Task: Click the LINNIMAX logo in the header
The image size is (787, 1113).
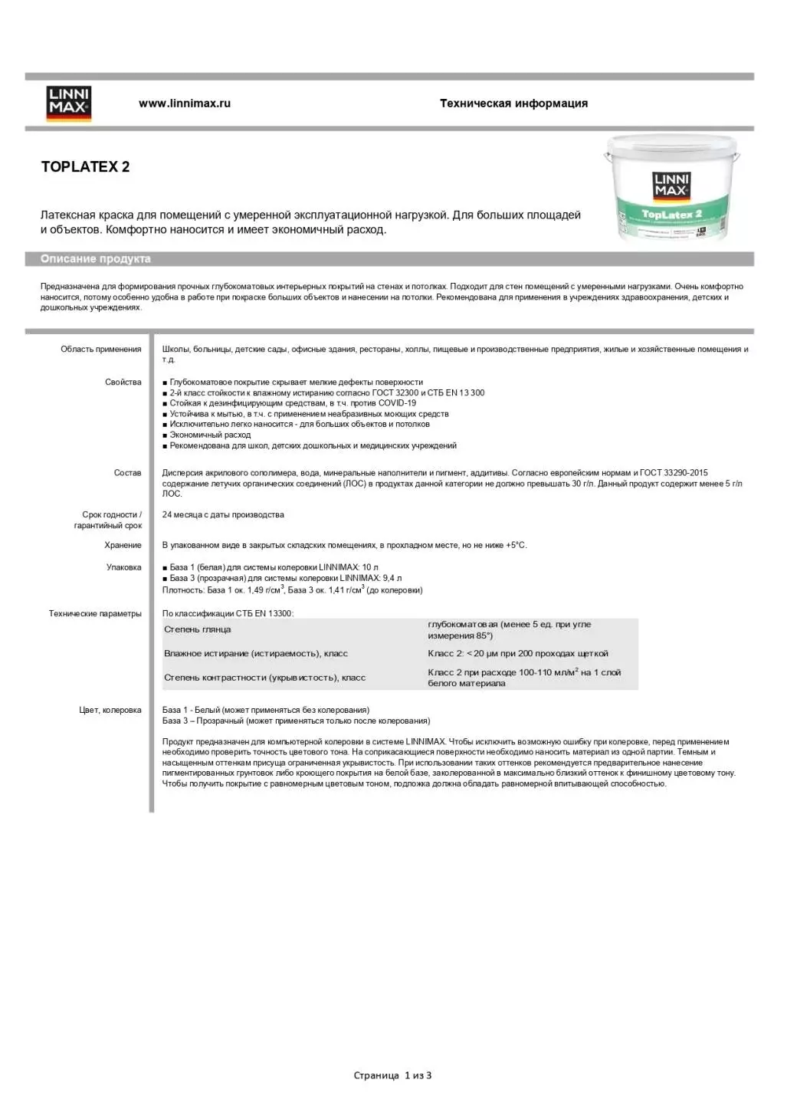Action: (69, 103)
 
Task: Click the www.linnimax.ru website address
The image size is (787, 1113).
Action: (185, 103)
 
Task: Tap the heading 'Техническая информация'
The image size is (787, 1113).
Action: (513, 103)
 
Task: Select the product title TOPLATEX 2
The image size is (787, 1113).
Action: (85, 167)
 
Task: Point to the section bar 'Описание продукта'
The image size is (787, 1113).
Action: (96, 259)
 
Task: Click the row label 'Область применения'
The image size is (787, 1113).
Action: (101, 350)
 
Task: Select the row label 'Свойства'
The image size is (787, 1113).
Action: (123, 382)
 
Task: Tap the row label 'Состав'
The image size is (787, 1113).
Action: (128, 473)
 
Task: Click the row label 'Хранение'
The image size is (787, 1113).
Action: (123, 546)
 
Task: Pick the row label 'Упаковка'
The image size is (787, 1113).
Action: (124, 568)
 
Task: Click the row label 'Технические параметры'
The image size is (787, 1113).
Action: (95, 614)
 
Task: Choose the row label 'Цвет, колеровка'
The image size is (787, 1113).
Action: (110, 711)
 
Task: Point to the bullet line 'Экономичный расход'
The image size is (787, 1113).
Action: (210, 435)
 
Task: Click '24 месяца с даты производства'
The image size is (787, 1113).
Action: (223, 515)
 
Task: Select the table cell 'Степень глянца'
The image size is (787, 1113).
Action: (198, 630)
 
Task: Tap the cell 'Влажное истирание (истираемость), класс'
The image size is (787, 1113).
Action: (256, 654)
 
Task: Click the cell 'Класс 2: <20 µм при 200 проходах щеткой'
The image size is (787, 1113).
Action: (518, 654)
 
